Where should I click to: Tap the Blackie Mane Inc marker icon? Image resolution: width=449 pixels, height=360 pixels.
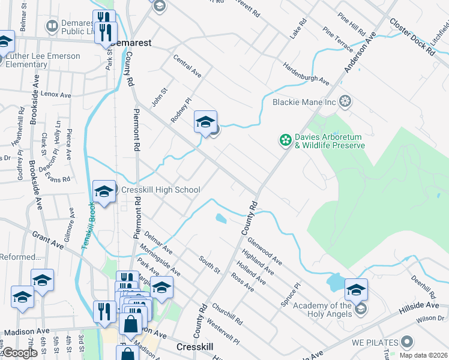(x=345, y=101)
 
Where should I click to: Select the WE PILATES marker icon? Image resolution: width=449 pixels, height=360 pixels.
(x=408, y=342)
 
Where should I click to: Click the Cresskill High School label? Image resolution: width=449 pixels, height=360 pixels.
(x=161, y=190)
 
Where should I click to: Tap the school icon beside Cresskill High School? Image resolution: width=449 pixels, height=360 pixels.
(x=104, y=192)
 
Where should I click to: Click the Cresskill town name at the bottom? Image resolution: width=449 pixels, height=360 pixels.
(x=196, y=347)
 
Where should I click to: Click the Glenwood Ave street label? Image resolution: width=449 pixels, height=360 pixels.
(x=265, y=250)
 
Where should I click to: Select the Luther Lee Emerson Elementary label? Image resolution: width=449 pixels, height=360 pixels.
(x=43, y=60)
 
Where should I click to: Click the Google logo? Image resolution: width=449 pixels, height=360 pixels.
(x=20, y=353)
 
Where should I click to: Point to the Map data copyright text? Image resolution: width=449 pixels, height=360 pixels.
(x=422, y=355)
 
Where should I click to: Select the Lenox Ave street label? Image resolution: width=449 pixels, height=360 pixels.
(x=56, y=95)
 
